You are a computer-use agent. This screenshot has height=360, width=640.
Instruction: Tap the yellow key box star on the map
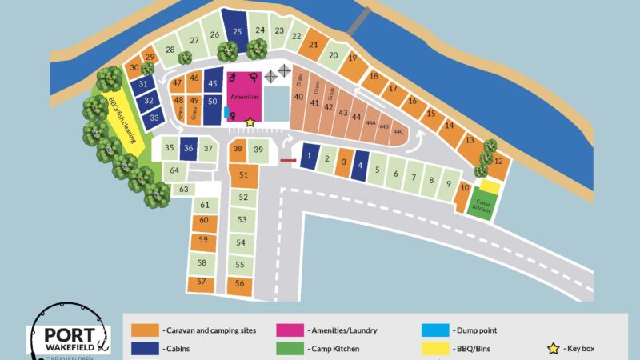click(x=250, y=122)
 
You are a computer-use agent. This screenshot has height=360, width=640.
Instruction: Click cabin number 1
click(x=310, y=156)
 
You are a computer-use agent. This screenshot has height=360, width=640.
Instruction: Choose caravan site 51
click(x=243, y=174)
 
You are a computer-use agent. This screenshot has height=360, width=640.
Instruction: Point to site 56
click(x=240, y=283)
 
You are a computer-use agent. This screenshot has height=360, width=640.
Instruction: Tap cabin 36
click(x=189, y=148)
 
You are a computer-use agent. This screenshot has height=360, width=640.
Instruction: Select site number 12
click(x=498, y=162)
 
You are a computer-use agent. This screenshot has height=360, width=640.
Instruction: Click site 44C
click(x=398, y=131)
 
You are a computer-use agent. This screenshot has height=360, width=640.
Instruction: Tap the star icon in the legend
click(x=551, y=349)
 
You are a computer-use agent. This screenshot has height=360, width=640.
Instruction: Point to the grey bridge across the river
click(x=358, y=18)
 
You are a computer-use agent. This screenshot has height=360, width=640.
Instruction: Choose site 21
click(x=314, y=46)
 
